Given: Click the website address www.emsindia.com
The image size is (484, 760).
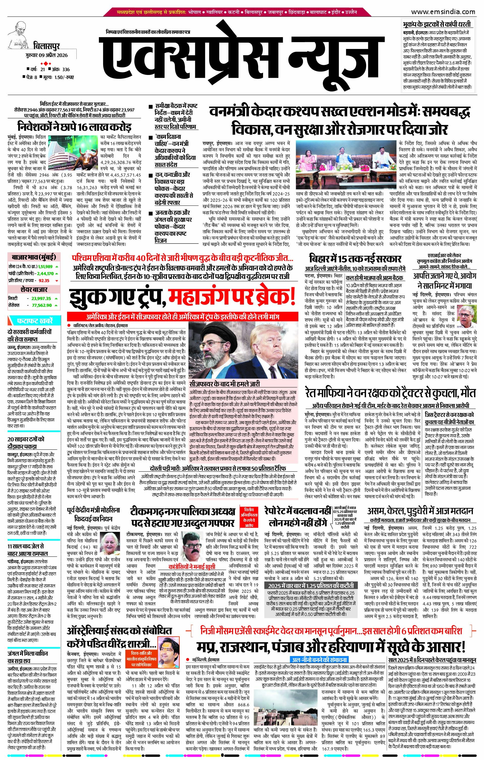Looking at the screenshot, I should (447, 12).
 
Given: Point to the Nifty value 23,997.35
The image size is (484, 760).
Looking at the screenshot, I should (41, 298).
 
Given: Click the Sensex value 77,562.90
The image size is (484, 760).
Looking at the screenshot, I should (41, 305).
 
